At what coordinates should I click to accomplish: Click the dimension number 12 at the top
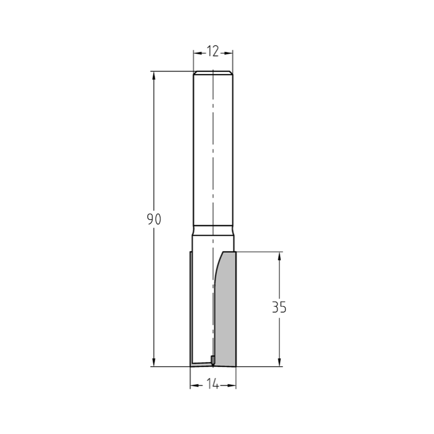pyautogui.click(x=213, y=52)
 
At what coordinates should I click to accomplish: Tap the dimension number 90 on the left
pyautogui.click(x=154, y=219)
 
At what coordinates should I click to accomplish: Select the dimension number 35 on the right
pyautogui.click(x=279, y=307)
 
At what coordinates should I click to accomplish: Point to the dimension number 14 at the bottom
pyautogui.click(x=213, y=385)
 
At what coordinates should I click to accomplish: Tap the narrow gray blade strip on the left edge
pyautogui.click(x=191, y=309)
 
